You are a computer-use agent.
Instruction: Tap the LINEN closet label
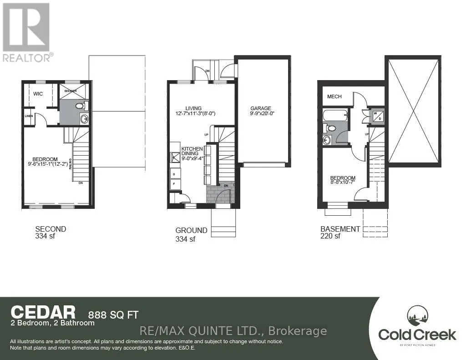pyautogui.click(x=29, y=116)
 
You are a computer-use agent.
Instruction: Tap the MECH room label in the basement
pyautogui.click(x=335, y=96)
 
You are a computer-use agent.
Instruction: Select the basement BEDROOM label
pyautogui.click(x=343, y=178)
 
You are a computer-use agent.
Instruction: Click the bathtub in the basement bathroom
pyautogui.click(x=335, y=115)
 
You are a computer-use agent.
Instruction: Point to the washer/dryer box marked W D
pyautogui.click(x=378, y=116)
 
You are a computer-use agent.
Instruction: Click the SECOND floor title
pyautogui.click(x=51, y=229)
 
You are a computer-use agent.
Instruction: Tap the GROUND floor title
pyautogui.click(x=191, y=230)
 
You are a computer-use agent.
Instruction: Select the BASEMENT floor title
pyautogui.click(x=340, y=229)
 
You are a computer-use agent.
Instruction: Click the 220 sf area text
pyautogui.click(x=330, y=236)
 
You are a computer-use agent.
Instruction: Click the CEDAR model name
pyautogui.click(x=43, y=312)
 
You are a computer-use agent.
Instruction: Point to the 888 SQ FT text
pyautogui.click(x=112, y=314)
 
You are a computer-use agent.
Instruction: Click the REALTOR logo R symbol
pyautogui.click(x=25, y=27)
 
